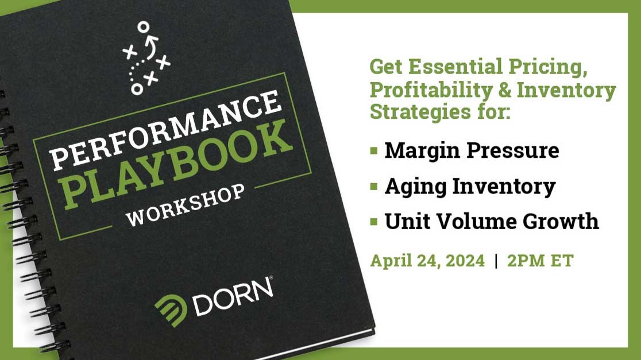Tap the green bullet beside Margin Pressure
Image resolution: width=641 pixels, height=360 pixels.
tap(374, 150)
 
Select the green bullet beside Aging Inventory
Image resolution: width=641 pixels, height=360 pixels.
tap(374, 186)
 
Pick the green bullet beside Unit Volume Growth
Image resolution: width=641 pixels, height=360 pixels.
tap(374, 221)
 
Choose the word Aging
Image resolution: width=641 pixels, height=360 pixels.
tap(410, 186)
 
